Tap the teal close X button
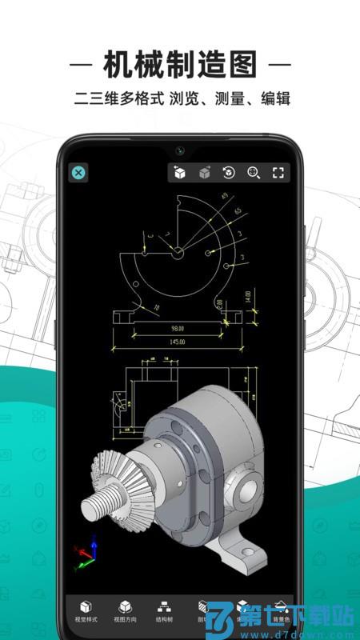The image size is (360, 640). click(78, 172)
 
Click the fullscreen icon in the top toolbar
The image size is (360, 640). click(278, 172)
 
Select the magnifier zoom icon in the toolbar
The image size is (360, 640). click(254, 172)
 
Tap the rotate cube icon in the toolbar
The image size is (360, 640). click(229, 172)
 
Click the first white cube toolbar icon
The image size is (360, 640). click(180, 172)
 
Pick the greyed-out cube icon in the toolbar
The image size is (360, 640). click(205, 172)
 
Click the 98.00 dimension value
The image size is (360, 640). click(177, 328)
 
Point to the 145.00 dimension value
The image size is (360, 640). click(177, 342)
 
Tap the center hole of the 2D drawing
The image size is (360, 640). click(177, 253)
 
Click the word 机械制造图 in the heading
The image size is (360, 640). click(180, 62)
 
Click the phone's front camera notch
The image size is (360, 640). click(180, 150)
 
